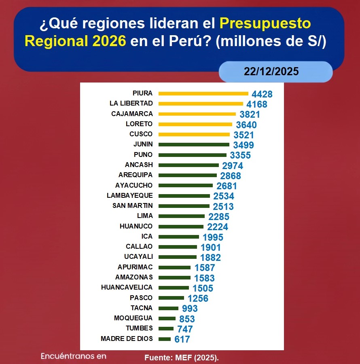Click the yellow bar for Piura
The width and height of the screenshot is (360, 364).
pyautogui.click(x=203, y=93)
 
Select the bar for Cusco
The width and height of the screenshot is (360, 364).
pyautogui.click(x=194, y=134)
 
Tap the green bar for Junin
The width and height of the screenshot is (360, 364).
pyautogui.click(x=194, y=144)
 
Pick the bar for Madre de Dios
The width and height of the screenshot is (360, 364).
pyautogui.click(x=165, y=339)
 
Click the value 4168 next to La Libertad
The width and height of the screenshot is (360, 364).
pyautogui.click(x=257, y=104)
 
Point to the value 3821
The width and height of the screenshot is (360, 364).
pyautogui.click(x=250, y=114)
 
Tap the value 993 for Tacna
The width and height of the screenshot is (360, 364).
pyautogui.click(x=190, y=309)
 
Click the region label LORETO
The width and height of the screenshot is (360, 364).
pyautogui.click(x=140, y=124)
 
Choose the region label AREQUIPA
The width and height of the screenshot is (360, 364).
pyautogui.click(x=136, y=175)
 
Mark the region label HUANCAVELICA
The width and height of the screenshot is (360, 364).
pyautogui.click(x=127, y=287)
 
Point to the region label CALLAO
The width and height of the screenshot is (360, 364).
pyautogui.click(x=139, y=246)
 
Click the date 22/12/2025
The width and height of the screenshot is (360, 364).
pyautogui.click(x=271, y=72)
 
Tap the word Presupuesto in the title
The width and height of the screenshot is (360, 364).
pyautogui.click(x=265, y=23)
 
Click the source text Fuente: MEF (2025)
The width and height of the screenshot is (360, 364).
pyautogui.click(x=181, y=358)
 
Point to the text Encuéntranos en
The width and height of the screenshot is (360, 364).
pyautogui.click(x=73, y=356)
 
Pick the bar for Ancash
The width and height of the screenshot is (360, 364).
pyautogui.click(x=188, y=165)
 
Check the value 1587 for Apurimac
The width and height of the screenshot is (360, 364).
pyautogui.click(x=205, y=268)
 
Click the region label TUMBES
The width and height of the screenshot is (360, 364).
pyautogui.click(x=139, y=328)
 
